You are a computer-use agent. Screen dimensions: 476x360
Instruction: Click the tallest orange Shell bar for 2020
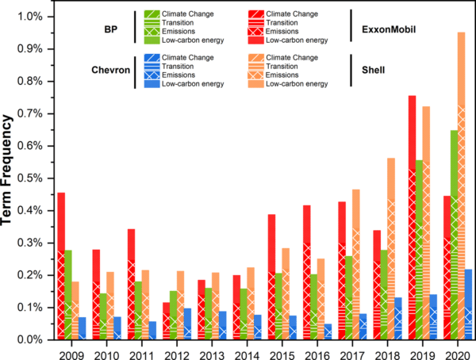[461, 186]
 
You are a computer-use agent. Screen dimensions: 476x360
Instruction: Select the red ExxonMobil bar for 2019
[412, 217]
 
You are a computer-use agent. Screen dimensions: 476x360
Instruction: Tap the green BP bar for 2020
[454, 235]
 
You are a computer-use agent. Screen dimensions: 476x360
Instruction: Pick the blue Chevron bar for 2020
[468, 304]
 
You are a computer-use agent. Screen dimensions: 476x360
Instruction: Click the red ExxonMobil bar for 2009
[61, 266]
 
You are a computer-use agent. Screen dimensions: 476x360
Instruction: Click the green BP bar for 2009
[68, 295]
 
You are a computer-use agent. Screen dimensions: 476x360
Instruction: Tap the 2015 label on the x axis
[282, 355]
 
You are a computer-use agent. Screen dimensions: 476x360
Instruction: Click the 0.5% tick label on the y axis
[30, 178]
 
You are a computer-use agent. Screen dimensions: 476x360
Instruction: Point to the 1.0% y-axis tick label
[30, 17]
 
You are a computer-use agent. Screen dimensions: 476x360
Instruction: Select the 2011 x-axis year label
[141, 355]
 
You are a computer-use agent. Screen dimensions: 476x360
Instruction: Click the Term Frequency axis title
[6, 170]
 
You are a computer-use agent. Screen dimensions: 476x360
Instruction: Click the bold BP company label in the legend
[111, 29]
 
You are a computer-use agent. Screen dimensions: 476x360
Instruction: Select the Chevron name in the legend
[111, 70]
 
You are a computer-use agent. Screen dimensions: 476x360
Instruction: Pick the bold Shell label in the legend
[373, 70]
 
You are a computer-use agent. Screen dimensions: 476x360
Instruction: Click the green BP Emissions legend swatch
[152, 32]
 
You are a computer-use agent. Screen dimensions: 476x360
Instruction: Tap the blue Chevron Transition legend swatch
[152, 67]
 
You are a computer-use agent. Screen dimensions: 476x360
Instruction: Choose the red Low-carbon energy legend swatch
[256, 40]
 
